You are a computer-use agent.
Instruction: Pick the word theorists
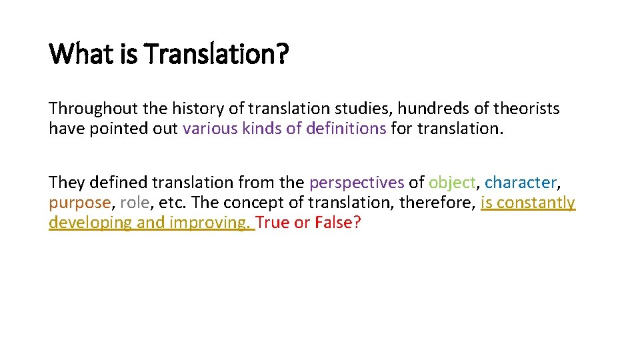coord(526,109)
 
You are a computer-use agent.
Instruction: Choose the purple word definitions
coord(346,129)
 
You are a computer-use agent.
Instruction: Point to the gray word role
coord(135,203)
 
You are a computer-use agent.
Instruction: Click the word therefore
coord(436,203)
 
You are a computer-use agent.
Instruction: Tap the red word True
coord(273,223)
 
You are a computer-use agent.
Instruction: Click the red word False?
coord(337,223)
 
